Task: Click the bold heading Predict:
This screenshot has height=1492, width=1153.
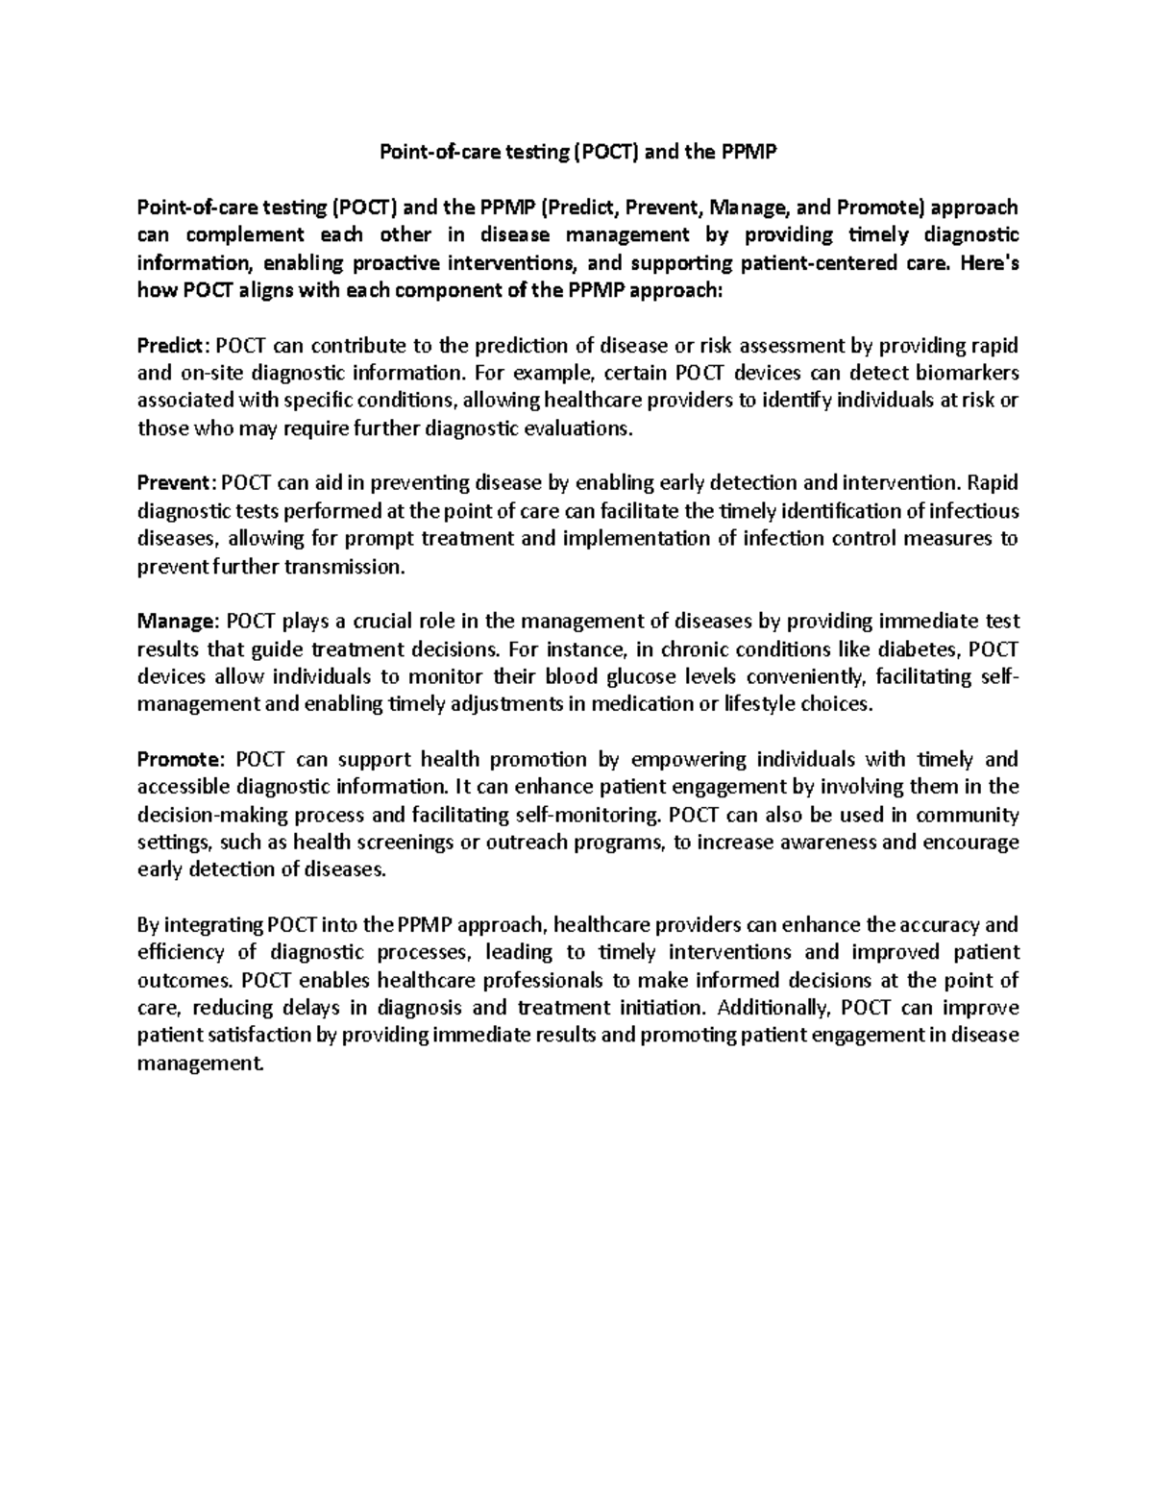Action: (x=172, y=345)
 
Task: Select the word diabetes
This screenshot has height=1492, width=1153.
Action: (x=921, y=648)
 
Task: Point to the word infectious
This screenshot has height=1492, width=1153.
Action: (x=970, y=510)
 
